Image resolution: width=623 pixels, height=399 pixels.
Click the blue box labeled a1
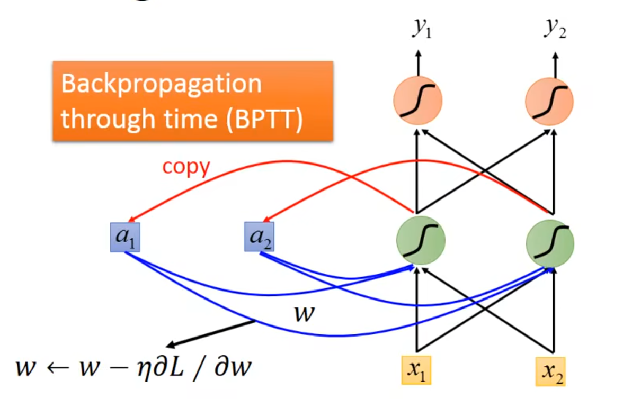pos(125,238)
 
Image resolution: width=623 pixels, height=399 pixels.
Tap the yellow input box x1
pos(417,369)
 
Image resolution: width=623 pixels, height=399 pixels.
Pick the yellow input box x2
pos(551,372)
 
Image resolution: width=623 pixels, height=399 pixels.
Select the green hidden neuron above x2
pos(550,243)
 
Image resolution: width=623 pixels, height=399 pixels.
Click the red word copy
pos(186,167)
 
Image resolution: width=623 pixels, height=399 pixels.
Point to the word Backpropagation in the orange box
pos(161,85)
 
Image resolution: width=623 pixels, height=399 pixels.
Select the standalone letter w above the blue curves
pos(304,314)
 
